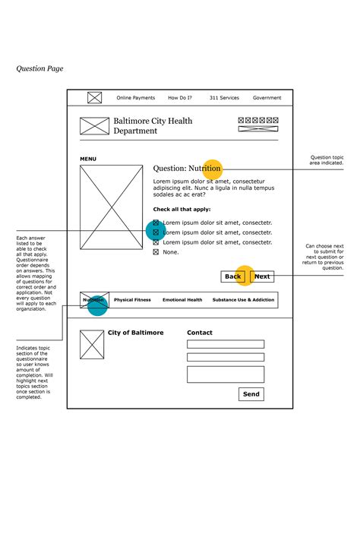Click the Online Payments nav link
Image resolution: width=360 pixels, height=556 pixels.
[135, 98]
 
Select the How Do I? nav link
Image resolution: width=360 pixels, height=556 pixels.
[180, 98]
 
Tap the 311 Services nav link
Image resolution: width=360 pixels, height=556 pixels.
[224, 98]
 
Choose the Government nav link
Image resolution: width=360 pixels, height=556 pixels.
[267, 98]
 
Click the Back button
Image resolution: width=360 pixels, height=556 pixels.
[232, 276]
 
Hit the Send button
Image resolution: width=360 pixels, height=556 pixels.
[251, 394]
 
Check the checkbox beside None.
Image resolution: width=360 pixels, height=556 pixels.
[156, 252]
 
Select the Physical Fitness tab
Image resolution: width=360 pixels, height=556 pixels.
[132, 300]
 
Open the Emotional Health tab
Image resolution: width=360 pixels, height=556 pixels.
[182, 300]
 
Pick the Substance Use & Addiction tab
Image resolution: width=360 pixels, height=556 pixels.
[243, 300]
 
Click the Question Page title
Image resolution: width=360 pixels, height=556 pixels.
[39, 68]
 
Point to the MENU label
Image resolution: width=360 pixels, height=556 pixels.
[88, 159]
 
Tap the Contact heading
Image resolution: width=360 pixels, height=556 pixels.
[200, 333]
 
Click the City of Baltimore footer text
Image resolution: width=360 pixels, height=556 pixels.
[135, 333]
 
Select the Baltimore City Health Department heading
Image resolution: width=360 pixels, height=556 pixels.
[153, 126]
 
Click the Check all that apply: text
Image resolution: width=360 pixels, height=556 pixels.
[182, 209]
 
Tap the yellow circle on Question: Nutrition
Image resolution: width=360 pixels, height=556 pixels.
[212, 169]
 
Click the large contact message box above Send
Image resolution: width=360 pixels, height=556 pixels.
[226, 374]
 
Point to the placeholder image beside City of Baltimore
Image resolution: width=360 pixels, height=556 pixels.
[92, 345]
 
